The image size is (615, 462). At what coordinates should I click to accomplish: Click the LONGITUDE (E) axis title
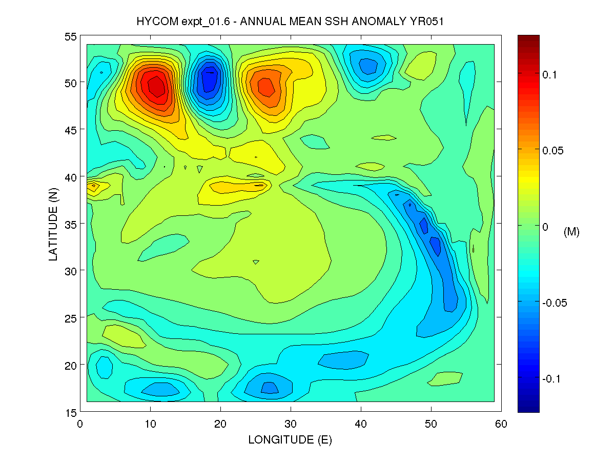[x=290, y=439]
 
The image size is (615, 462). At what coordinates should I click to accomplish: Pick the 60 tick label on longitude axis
[x=501, y=424]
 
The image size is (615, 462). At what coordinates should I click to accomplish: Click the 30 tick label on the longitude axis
[x=291, y=424]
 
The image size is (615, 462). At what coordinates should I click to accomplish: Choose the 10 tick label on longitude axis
[x=150, y=424]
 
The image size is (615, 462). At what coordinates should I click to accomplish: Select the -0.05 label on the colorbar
[x=555, y=303]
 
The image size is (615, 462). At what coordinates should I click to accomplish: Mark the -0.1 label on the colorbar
[x=552, y=379]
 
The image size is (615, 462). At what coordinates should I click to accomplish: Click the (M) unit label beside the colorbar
[x=571, y=232]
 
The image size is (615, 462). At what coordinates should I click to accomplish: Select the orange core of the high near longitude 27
[x=265, y=86]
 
